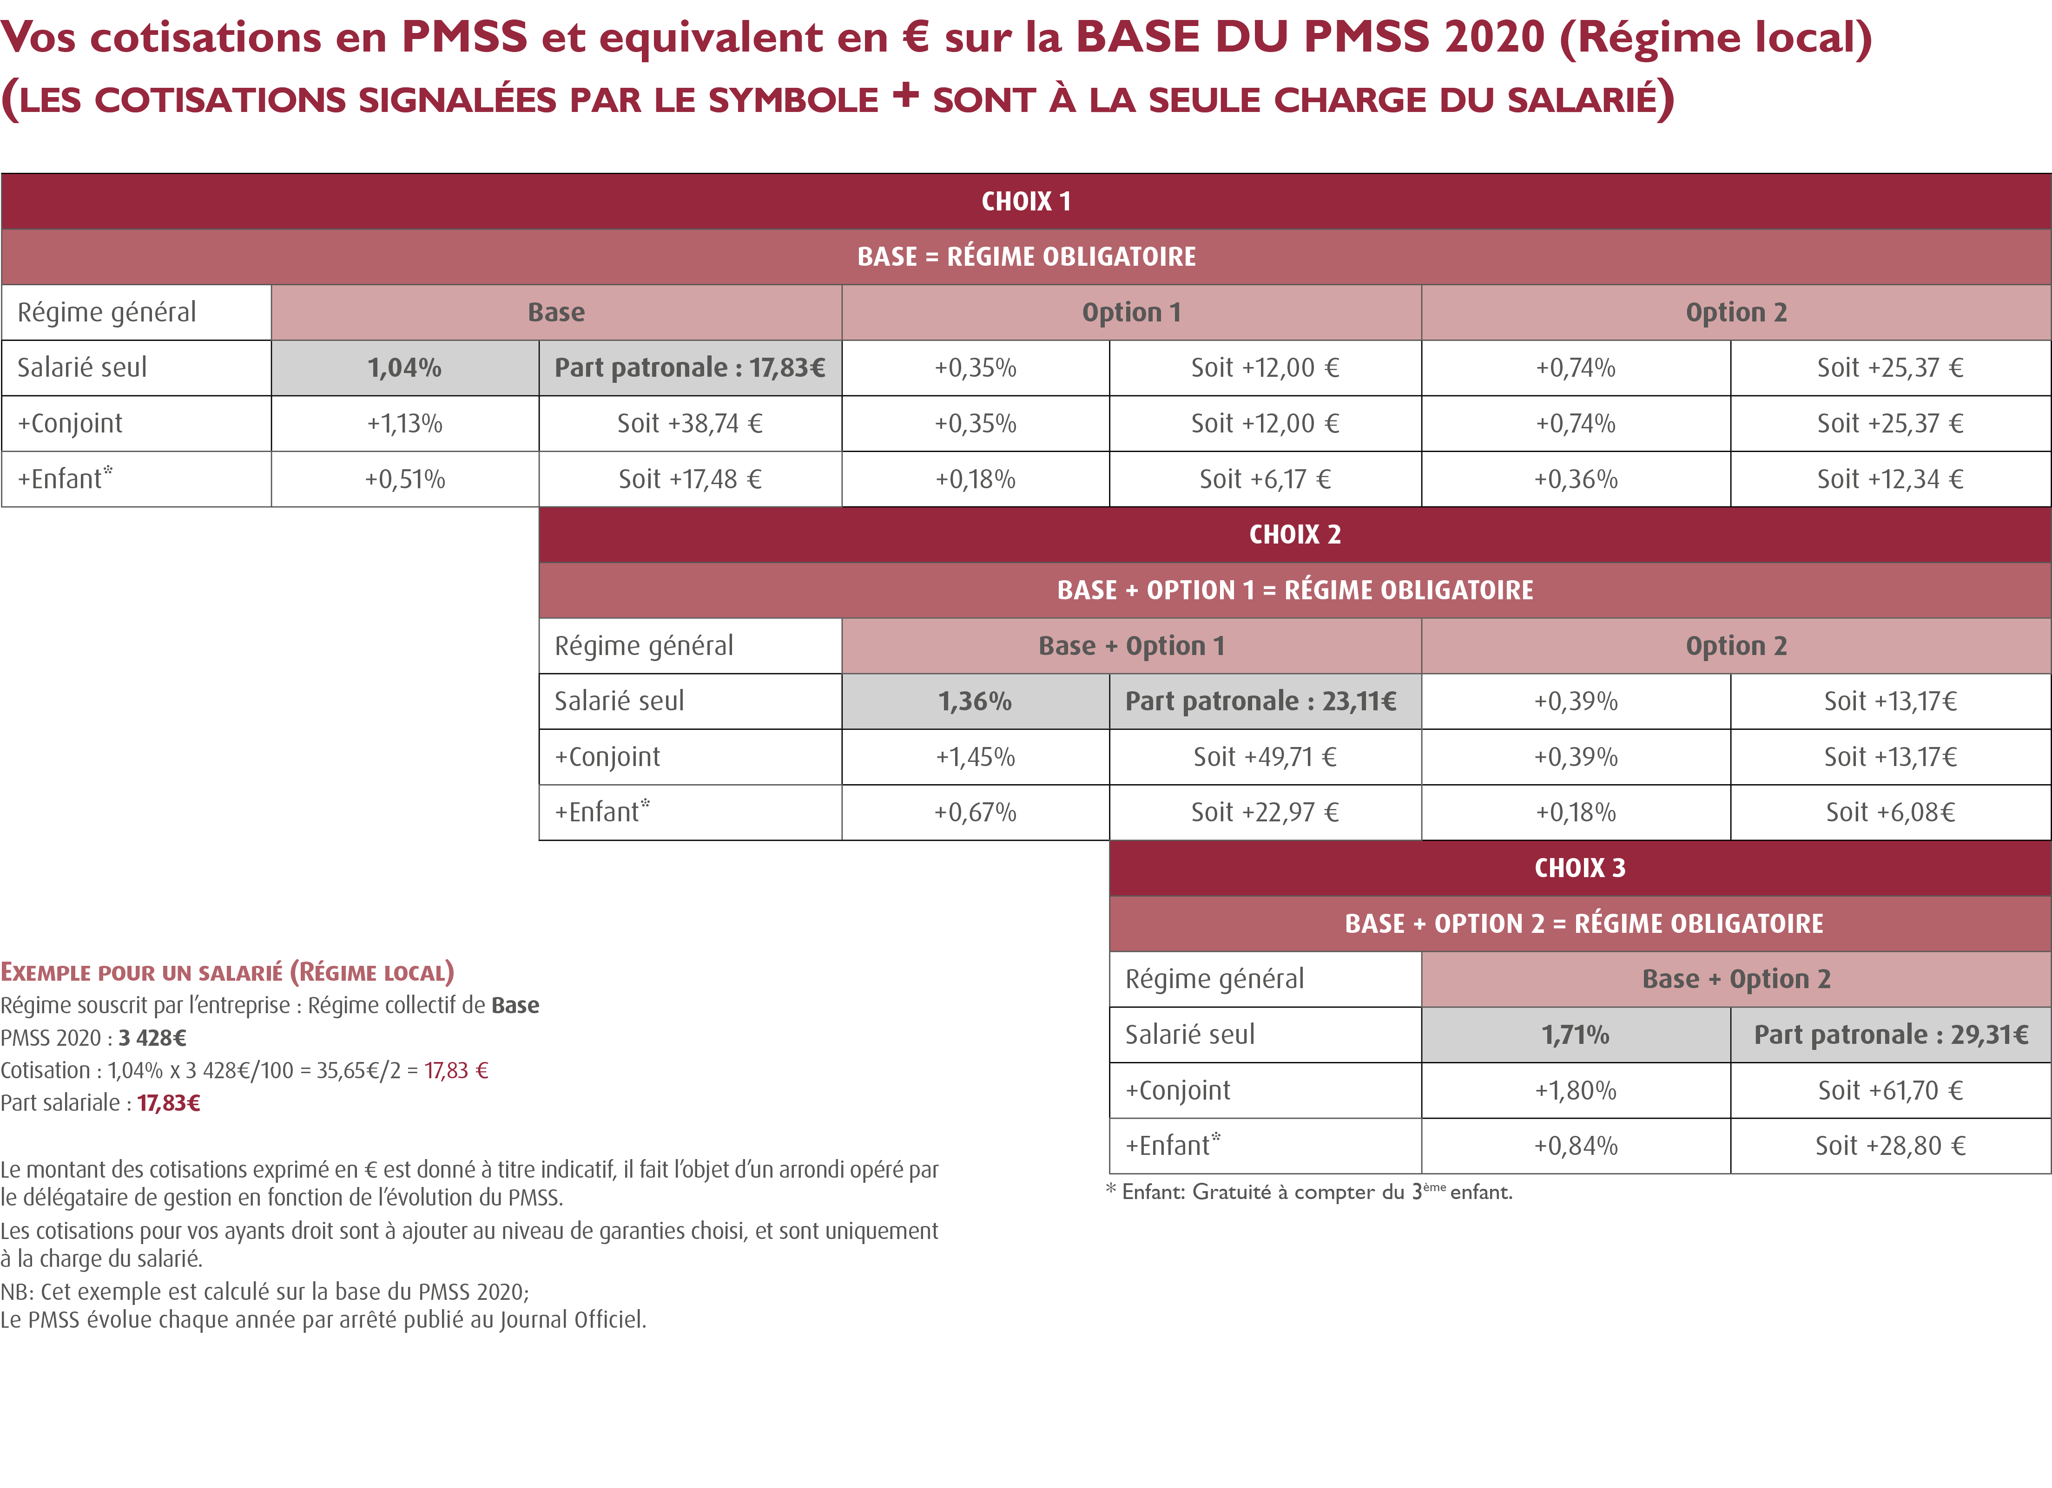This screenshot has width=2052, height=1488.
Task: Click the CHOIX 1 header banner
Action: click(1026, 201)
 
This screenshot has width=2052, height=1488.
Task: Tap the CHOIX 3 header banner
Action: click(1580, 868)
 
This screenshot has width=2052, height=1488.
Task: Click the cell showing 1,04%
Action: click(404, 368)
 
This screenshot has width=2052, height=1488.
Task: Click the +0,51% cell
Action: click(404, 479)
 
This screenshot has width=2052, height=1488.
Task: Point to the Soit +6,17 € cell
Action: click(1265, 479)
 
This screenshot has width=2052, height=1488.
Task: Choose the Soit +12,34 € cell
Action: click(1890, 479)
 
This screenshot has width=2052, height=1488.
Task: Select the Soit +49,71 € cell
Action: click(1265, 757)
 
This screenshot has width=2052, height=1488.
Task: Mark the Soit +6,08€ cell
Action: click(1890, 813)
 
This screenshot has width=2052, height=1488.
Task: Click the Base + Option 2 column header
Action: click(1735, 979)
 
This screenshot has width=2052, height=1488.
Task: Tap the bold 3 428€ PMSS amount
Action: click(152, 1037)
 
